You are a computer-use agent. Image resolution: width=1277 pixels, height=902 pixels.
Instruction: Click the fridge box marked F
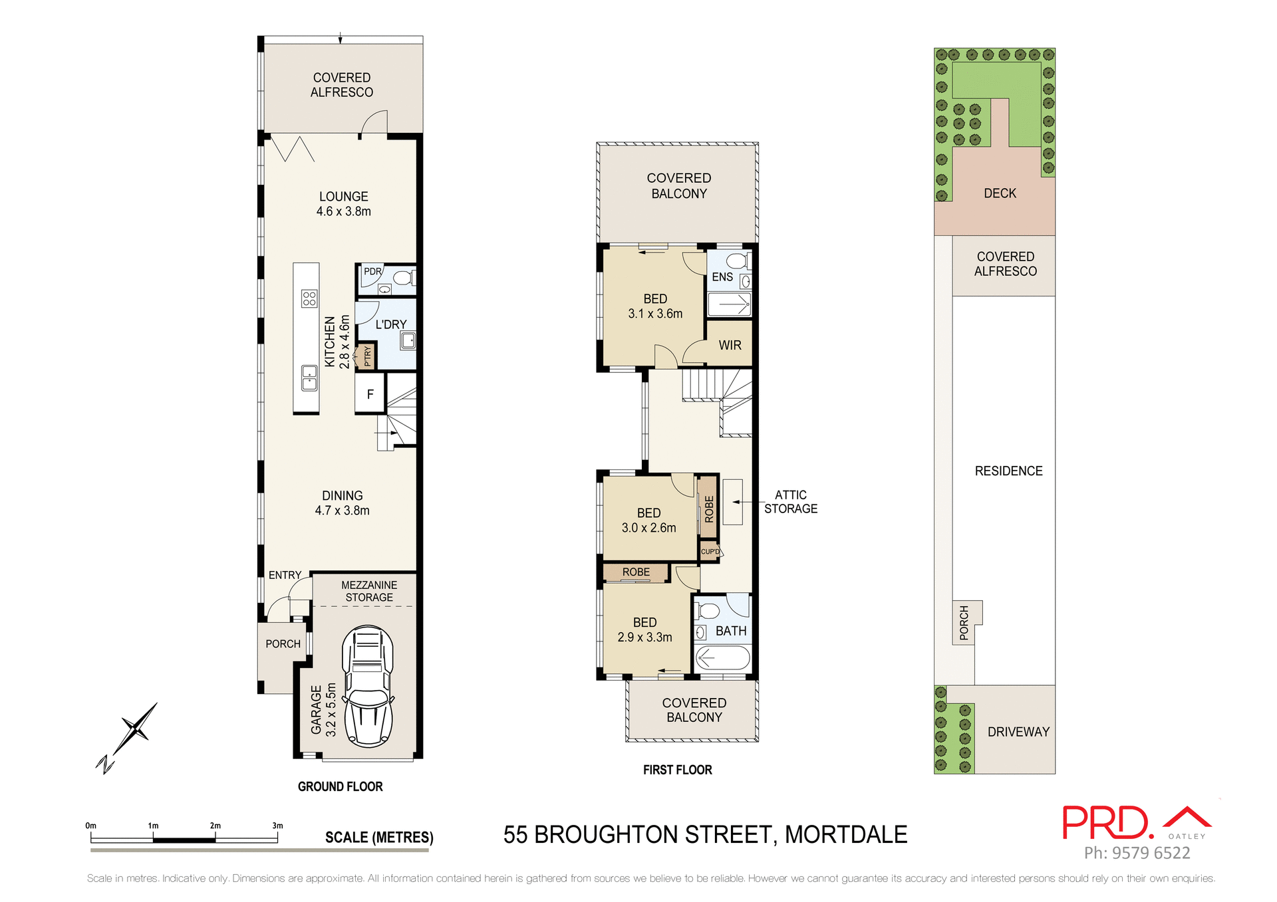(x=370, y=394)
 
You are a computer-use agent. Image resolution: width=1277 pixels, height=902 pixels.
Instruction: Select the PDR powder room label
(x=372, y=271)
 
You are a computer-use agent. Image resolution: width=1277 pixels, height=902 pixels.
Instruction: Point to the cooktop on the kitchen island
(x=309, y=298)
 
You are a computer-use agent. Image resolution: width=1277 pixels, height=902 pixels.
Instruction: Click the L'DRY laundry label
(x=390, y=324)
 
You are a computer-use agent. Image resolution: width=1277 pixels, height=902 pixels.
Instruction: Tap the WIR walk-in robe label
(x=730, y=345)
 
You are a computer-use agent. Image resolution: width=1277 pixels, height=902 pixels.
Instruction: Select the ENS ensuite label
(x=722, y=277)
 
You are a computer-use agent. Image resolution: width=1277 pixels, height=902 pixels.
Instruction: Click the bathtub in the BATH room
(x=722, y=659)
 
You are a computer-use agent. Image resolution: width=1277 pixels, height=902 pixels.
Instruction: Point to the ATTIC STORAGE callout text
(x=790, y=502)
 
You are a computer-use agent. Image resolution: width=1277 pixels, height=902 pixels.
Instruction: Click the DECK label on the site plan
(x=1000, y=193)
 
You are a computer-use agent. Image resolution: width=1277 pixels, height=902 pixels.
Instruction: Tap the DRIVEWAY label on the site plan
(x=1018, y=732)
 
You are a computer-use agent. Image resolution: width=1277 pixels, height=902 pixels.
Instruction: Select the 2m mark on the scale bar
(x=215, y=826)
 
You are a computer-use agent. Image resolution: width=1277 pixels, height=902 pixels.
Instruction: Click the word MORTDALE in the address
(x=846, y=834)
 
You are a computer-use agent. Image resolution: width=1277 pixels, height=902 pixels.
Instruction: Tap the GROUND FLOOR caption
(x=340, y=786)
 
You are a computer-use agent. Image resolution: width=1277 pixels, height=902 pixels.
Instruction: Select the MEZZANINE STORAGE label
(x=369, y=591)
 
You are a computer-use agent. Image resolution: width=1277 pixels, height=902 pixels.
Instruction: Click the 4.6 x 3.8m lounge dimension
(x=343, y=211)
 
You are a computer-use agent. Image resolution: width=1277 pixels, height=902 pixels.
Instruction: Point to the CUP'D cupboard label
(x=710, y=552)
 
